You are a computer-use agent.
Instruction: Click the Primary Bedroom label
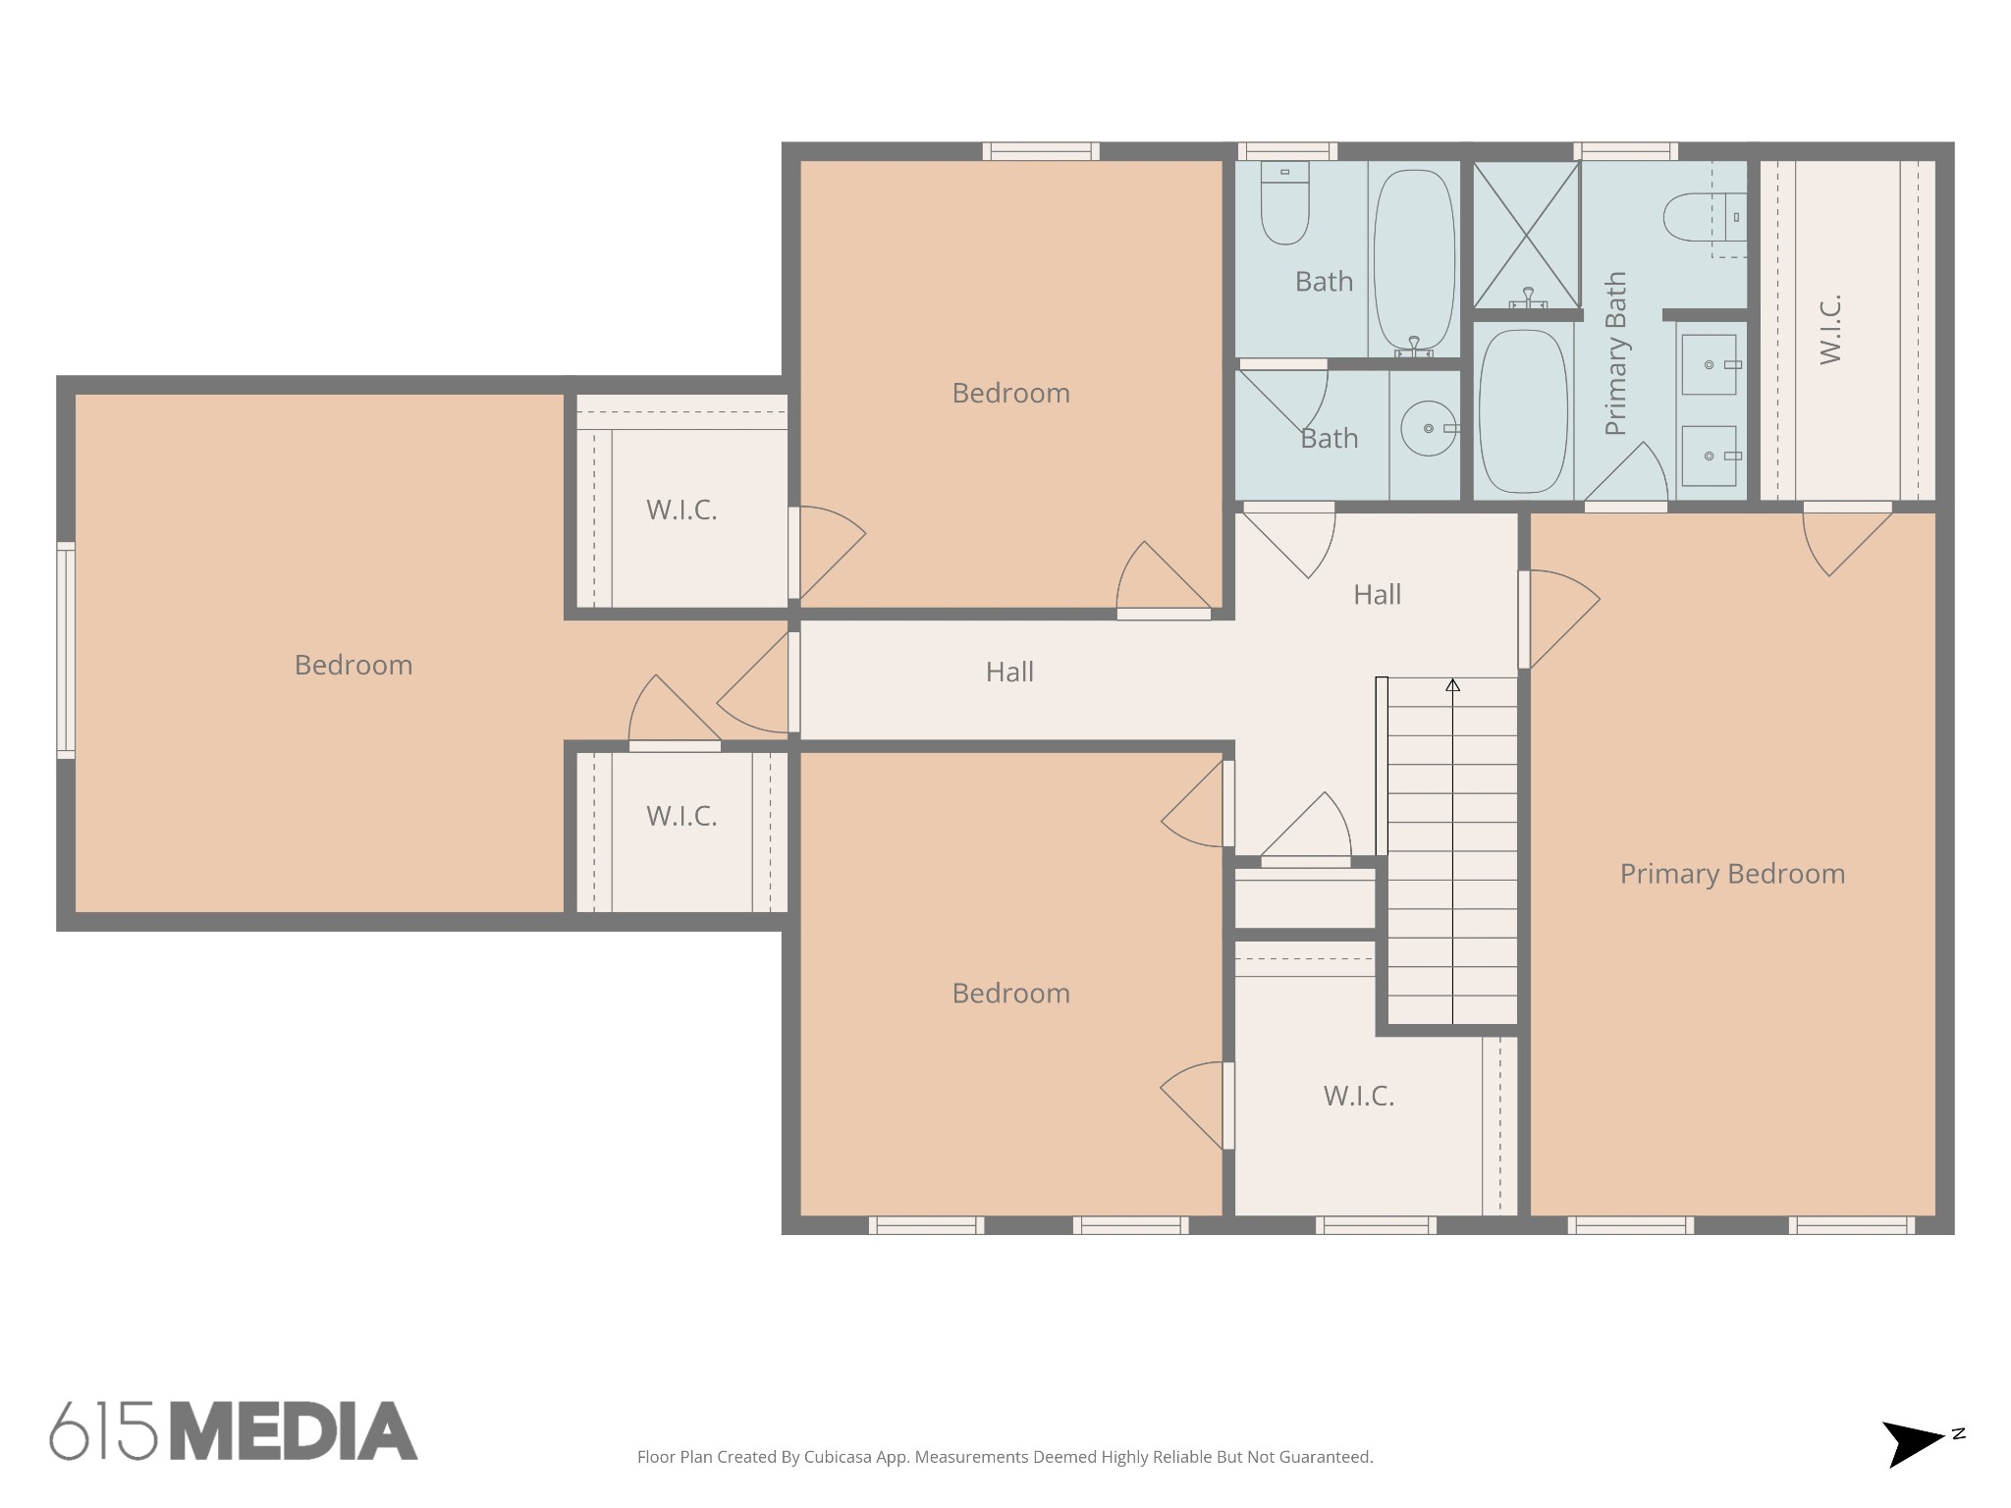coord(1732,874)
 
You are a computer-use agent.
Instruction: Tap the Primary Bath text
coord(1615,353)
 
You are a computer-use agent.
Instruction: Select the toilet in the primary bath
coord(1704,217)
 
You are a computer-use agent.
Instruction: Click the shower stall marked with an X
coord(1526,236)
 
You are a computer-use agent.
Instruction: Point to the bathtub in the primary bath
coord(1523,411)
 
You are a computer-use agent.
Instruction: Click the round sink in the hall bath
coord(1429,428)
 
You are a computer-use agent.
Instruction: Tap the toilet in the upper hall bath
coord(1284,203)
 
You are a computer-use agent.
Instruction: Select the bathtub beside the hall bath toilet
coord(1414,262)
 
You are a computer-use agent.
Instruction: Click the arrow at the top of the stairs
coord(1452,685)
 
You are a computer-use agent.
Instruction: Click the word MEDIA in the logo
coord(294,1430)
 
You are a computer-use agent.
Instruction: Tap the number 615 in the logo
coord(103,1430)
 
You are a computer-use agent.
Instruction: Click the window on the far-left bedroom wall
coord(66,650)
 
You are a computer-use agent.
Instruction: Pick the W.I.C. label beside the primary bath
coord(1830,330)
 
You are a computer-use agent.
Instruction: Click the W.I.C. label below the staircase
coord(1359,1096)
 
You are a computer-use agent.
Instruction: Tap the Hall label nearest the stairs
coord(1377,594)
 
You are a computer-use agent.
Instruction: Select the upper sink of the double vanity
coord(1710,364)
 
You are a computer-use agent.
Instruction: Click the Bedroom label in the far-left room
coord(353,665)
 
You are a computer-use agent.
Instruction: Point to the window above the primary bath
coord(1625,151)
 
